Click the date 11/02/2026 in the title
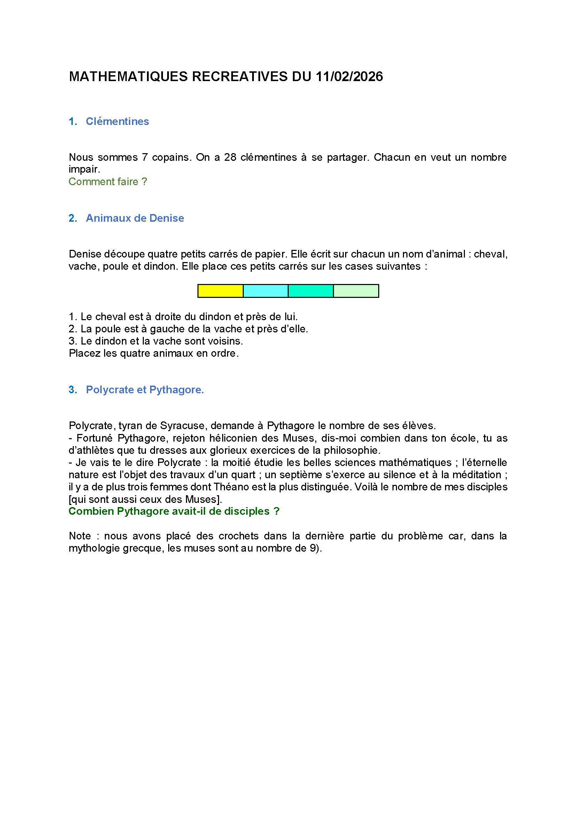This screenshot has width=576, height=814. pyautogui.click(x=349, y=77)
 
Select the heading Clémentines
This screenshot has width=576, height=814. pyautogui.click(x=117, y=121)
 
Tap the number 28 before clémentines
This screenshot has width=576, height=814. pyautogui.click(x=230, y=157)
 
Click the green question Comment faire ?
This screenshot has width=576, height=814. pyautogui.click(x=108, y=182)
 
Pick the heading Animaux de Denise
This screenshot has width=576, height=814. pyautogui.click(x=135, y=218)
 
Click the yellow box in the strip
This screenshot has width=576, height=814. pyautogui.click(x=220, y=291)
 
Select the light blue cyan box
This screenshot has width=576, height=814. pyautogui.click(x=265, y=291)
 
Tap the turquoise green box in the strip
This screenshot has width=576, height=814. pyautogui.click(x=311, y=291)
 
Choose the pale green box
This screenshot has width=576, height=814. pyautogui.click(x=356, y=291)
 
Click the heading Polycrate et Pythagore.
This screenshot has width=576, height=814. pyautogui.click(x=145, y=390)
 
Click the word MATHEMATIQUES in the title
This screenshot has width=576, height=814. pyautogui.click(x=128, y=77)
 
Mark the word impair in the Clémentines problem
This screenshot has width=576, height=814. pyautogui.click(x=84, y=169)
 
